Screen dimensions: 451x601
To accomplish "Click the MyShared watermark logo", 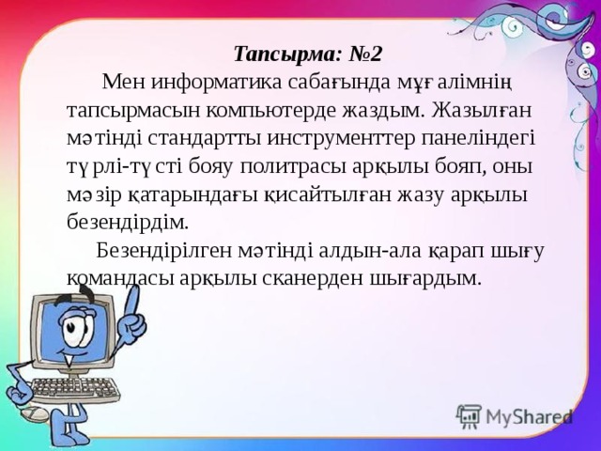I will (x=515, y=416).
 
